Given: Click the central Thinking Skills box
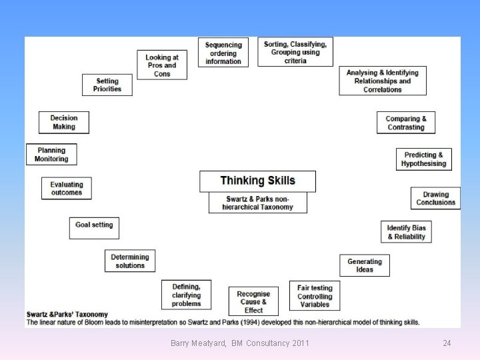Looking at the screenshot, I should point(257,181).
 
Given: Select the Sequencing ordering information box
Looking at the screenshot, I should point(223,52).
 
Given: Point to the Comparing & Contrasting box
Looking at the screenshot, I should point(405,123).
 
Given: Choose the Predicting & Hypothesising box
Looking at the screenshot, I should point(423,159).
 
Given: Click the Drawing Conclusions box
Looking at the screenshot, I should point(435,198).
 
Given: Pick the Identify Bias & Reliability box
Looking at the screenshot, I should point(406,232).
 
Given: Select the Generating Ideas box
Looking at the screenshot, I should point(365,265).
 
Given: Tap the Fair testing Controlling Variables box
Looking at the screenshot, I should point(315,296).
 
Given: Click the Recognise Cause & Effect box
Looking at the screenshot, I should point(253,301).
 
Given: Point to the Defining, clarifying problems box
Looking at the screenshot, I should point(186,295).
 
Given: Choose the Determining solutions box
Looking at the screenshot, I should point(130,261).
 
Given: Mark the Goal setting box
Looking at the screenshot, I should point(94,225).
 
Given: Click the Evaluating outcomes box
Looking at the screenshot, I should point(67,188).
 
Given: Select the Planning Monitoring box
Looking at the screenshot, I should point(51,155).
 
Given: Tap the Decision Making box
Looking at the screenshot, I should point(63,122).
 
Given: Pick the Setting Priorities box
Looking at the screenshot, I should point(107,85).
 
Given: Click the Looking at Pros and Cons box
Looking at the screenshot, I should point(161,65).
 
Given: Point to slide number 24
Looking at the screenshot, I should point(447,343).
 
